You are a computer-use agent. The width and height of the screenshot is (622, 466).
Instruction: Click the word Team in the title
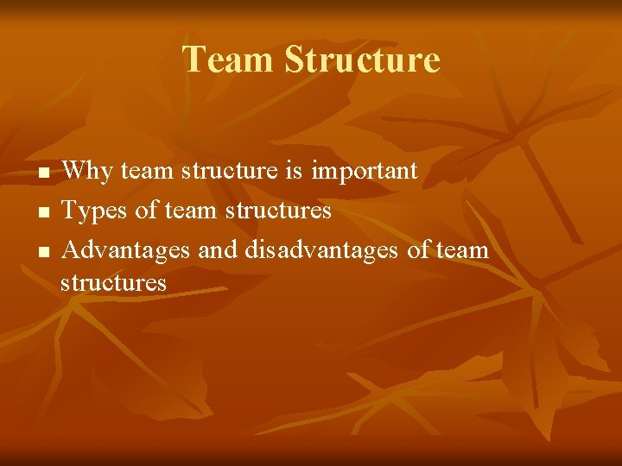(228, 60)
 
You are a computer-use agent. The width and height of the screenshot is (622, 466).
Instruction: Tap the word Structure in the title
(361, 60)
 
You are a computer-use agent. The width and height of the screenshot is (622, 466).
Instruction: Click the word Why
(87, 172)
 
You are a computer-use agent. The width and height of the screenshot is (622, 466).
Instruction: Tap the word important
(365, 172)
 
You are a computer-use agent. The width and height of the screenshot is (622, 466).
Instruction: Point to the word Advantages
(126, 251)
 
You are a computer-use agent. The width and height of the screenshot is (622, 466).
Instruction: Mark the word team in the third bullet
(463, 251)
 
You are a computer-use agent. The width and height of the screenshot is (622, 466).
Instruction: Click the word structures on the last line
(113, 283)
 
